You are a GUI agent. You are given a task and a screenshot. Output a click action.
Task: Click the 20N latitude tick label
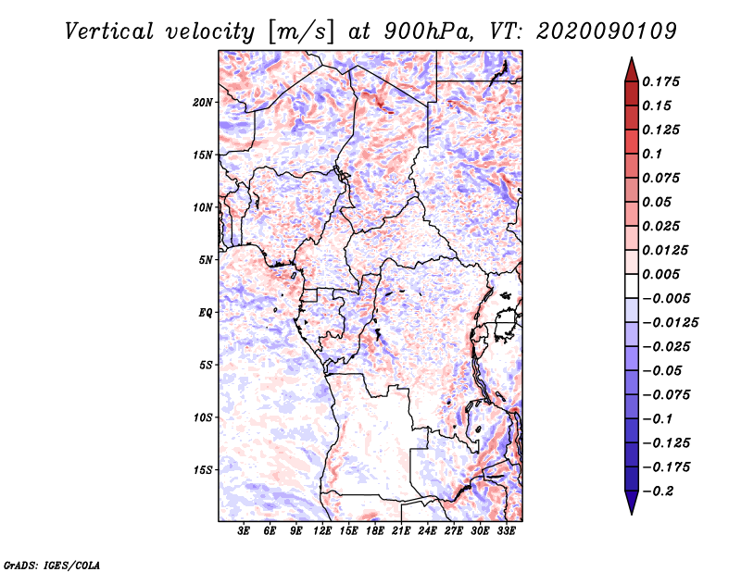[203, 103]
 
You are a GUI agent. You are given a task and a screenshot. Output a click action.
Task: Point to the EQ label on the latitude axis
[205, 313]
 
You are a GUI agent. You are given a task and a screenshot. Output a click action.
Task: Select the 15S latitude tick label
[203, 470]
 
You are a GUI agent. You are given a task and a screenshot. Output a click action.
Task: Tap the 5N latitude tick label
[206, 260]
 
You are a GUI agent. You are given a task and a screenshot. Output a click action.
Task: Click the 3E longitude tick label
[244, 530]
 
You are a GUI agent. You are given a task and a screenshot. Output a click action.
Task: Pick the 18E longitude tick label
[375, 530]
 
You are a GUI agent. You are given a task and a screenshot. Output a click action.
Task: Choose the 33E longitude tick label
[506, 530]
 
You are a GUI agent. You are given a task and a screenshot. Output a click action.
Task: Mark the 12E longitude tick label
[322, 530]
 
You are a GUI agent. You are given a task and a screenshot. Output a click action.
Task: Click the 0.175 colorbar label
[661, 81]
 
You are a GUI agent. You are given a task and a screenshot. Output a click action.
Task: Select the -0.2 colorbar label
[659, 491]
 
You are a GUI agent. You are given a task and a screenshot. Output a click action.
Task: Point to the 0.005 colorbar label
[661, 274]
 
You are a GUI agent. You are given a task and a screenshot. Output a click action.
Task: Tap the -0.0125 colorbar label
[671, 323]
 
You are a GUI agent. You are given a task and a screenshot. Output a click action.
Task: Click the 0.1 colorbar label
[653, 154]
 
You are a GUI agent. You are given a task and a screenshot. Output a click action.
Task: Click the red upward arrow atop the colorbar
[632, 69]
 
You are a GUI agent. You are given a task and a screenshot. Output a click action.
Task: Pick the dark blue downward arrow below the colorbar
[632, 503]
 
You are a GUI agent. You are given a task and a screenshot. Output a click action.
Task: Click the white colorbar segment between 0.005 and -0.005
[632, 286]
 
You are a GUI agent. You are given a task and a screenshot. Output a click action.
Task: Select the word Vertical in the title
[109, 31]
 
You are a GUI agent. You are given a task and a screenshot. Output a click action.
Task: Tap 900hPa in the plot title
[427, 31]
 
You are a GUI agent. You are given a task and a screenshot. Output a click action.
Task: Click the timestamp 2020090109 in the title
[607, 31]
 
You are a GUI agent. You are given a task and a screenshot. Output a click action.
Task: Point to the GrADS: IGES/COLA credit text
[52, 566]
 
